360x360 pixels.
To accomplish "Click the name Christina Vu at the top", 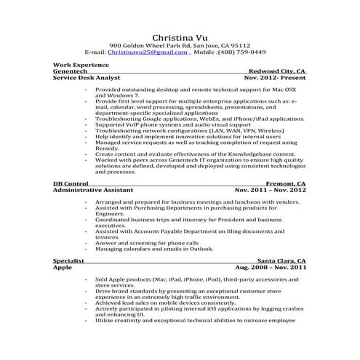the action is pyautogui.click(x=180, y=37).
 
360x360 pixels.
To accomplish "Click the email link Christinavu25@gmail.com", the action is pyautogui.click(x=148, y=53).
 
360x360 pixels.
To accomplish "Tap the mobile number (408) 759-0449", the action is pyautogui.click(x=242, y=53).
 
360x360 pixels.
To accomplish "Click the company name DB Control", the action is pyautogui.click(x=71, y=185).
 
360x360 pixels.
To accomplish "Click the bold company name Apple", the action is pyautogui.click(x=63, y=267).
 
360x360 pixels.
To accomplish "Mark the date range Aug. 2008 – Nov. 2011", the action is pyautogui.click(x=270, y=267).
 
